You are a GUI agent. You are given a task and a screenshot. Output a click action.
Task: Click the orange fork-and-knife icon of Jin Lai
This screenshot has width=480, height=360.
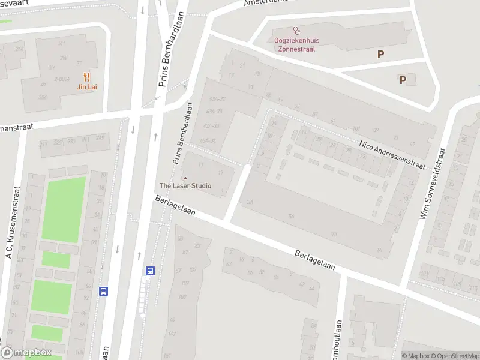[x=87, y=76]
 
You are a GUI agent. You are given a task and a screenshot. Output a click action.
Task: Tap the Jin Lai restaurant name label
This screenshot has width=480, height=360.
[x=87, y=86]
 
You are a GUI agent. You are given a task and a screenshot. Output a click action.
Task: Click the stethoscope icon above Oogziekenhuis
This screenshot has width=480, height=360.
[x=295, y=30]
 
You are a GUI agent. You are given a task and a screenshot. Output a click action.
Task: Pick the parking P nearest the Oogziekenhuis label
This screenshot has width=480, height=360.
[x=380, y=55]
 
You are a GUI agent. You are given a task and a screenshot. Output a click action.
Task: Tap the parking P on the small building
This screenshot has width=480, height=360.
[x=403, y=80]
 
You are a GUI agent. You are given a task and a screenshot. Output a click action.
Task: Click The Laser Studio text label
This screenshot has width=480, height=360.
[x=185, y=186]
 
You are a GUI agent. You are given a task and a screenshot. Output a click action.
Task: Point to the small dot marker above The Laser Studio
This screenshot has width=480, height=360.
[x=185, y=178]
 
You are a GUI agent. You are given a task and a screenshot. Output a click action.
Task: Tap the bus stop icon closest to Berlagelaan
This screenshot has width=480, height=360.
[x=150, y=271]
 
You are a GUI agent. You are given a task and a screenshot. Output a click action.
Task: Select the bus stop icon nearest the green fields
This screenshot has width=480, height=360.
[x=104, y=291]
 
